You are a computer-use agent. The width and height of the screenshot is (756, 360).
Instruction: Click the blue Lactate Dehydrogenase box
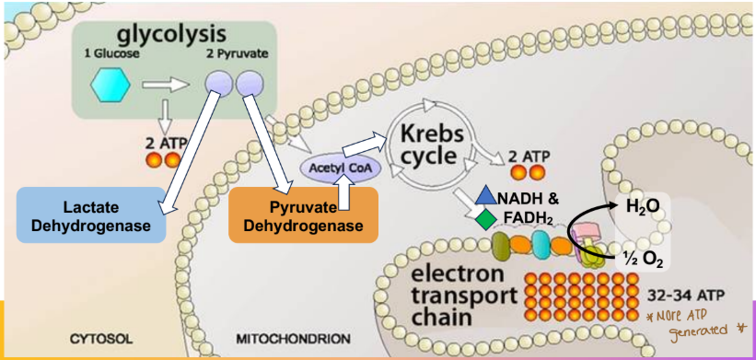coord(93,214)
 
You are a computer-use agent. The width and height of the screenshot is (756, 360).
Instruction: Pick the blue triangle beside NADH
coord(484,196)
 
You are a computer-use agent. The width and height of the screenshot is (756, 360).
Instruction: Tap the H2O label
coord(642,207)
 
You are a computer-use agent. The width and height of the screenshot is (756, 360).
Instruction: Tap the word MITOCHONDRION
coord(293,339)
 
